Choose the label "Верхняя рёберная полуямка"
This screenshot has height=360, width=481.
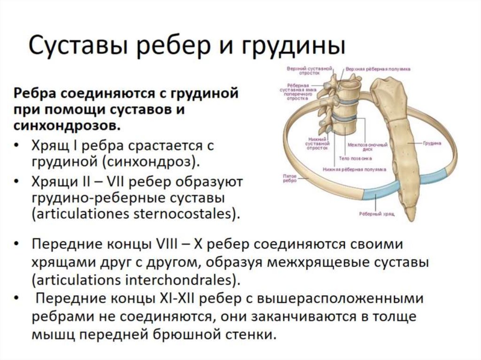pyautogui.click(x=378, y=69)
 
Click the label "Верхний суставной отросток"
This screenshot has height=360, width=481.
pyautogui.click(x=303, y=71)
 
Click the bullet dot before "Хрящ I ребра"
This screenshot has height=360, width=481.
pyautogui.click(x=17, y=146)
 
